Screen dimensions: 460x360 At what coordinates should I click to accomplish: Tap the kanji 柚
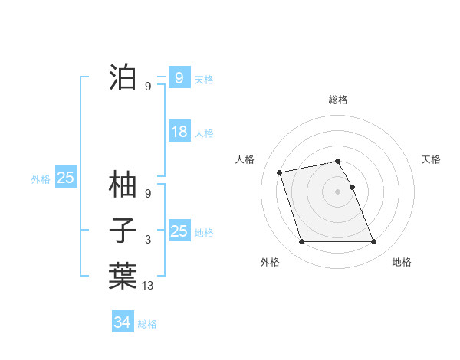(123, 185)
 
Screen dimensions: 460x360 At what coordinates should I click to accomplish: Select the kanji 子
(123, 231)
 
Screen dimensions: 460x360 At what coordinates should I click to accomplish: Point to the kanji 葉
(123, 276)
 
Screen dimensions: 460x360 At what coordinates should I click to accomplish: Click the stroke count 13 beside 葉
(148, 285)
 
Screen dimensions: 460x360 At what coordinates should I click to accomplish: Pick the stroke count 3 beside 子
(148, 240)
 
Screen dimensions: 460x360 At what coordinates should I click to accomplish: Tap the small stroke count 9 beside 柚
(148, 194)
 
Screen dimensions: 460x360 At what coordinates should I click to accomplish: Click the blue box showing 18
(179, 132)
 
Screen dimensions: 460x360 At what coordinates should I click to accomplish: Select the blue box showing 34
(123, 322)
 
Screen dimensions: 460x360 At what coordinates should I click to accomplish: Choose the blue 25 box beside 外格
(66, 178)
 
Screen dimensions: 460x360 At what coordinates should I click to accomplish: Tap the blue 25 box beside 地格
(179, 231)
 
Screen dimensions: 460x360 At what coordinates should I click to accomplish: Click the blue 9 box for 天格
(179, 77)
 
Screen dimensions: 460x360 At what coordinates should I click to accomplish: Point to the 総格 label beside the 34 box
(147, 324)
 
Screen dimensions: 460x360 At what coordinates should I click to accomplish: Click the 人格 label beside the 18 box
(204, 133)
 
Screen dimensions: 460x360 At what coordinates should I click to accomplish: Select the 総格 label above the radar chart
(338, 100)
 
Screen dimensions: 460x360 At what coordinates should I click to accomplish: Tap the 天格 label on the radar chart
(432, 159)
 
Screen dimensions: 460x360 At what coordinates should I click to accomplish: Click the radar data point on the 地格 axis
(373, 242)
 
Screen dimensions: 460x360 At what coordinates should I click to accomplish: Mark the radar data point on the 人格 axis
(280, 172)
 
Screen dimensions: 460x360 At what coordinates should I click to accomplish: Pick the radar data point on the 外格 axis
(301, 242)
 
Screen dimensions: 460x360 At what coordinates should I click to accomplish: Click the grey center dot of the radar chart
(338, 191)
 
